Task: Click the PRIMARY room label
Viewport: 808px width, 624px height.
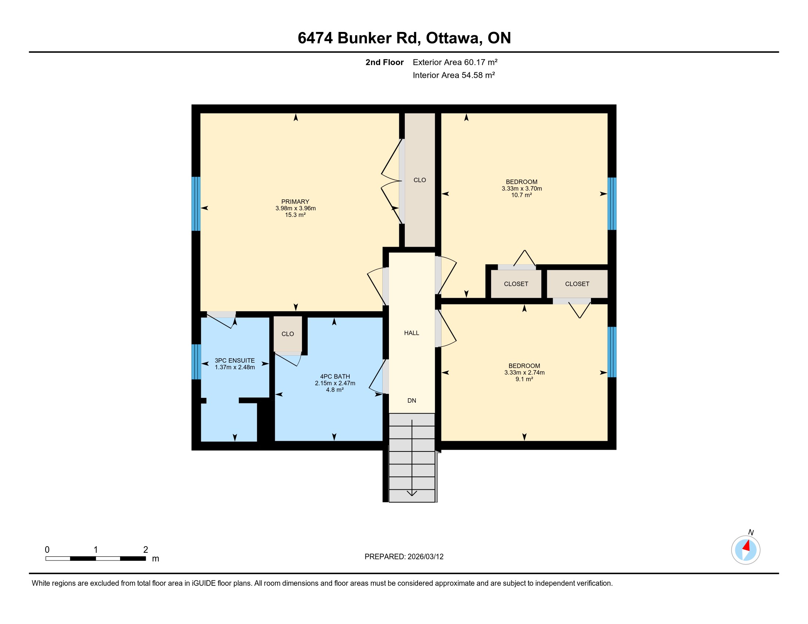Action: click(295, 202)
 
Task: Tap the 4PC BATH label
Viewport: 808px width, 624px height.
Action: click(335, 376)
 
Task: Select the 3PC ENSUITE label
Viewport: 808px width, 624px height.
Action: click(235, 360)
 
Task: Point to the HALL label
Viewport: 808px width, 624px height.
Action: click(411, 333)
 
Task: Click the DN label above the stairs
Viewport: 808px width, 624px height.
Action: click(412, 400)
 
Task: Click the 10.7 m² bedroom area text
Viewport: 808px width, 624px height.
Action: click(522, 195)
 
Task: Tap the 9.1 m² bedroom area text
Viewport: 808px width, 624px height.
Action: click(524, 379)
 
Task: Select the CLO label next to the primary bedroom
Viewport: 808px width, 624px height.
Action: click(419, 180)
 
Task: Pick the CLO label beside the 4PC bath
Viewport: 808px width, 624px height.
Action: click(288, 334)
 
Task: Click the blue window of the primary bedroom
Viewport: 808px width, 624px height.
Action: click(196, 204)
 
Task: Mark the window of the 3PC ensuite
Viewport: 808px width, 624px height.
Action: click(196, 362)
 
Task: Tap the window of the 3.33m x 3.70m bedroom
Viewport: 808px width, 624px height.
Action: click(612, 204)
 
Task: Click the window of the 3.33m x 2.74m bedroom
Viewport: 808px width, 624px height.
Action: click(612, 352)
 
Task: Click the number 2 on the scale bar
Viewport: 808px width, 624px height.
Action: click(145, 550)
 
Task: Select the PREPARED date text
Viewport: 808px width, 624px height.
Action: click(404, 557)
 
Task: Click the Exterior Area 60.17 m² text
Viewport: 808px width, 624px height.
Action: click(455, 62)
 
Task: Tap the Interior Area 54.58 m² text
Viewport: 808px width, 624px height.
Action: click(454, 75)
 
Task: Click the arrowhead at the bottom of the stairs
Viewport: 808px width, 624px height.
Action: click(412, 493)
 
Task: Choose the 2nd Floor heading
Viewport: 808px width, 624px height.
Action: click(385, 62)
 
